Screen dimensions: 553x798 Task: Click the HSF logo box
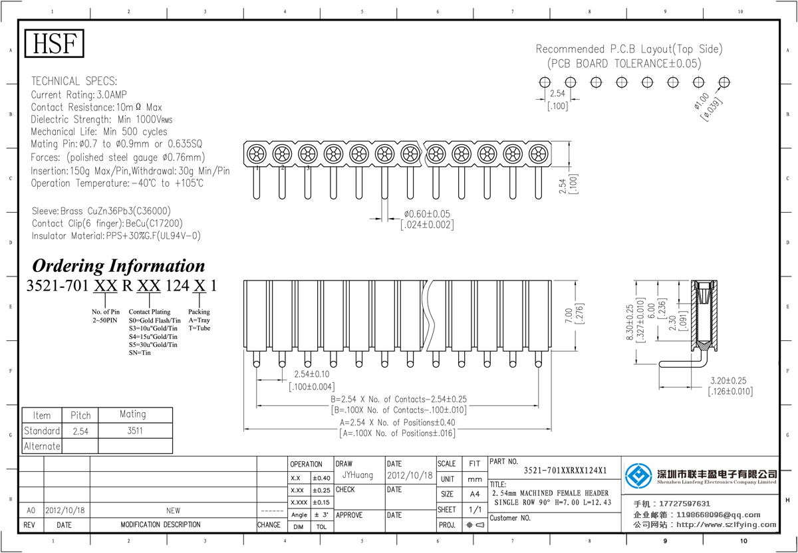(x=55, y=44)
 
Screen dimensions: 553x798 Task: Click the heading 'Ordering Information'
(x=118, y=266)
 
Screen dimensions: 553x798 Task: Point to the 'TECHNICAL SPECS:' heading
(x=74, y=81)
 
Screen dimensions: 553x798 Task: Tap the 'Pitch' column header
(x=80, y=415)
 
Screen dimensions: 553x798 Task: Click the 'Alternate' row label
(x=42, y=446)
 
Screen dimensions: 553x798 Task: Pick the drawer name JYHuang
(x=358, y=476)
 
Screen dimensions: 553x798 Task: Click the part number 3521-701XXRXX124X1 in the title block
(x=565, y=471)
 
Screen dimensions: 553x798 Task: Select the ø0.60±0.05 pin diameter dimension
(x=427, y=214)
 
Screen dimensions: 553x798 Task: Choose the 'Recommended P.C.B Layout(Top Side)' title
(x=628, y=49)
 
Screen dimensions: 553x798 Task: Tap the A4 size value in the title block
(x=474, y=494)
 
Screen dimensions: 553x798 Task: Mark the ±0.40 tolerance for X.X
(x=322, y=478)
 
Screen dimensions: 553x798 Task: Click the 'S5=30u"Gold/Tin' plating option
(x=153, y=344)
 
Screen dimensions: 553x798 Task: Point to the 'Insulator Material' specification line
(x=116, y=236)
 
